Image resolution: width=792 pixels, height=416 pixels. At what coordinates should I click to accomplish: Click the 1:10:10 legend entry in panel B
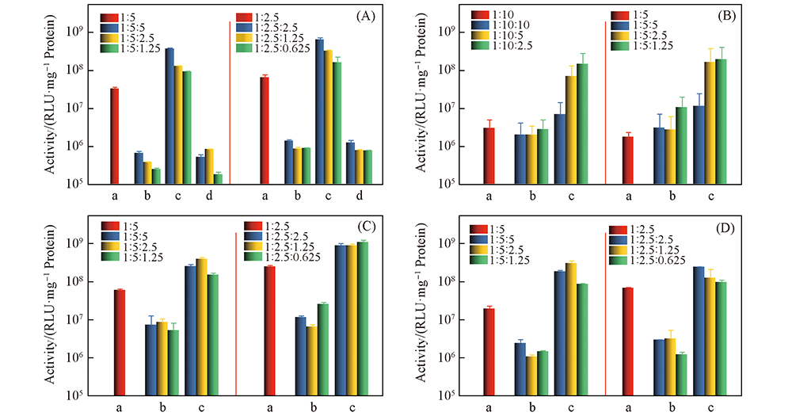497,25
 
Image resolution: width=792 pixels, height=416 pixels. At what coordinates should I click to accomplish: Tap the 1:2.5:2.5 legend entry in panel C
275,236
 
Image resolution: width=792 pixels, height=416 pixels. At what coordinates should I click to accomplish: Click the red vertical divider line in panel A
230,103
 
